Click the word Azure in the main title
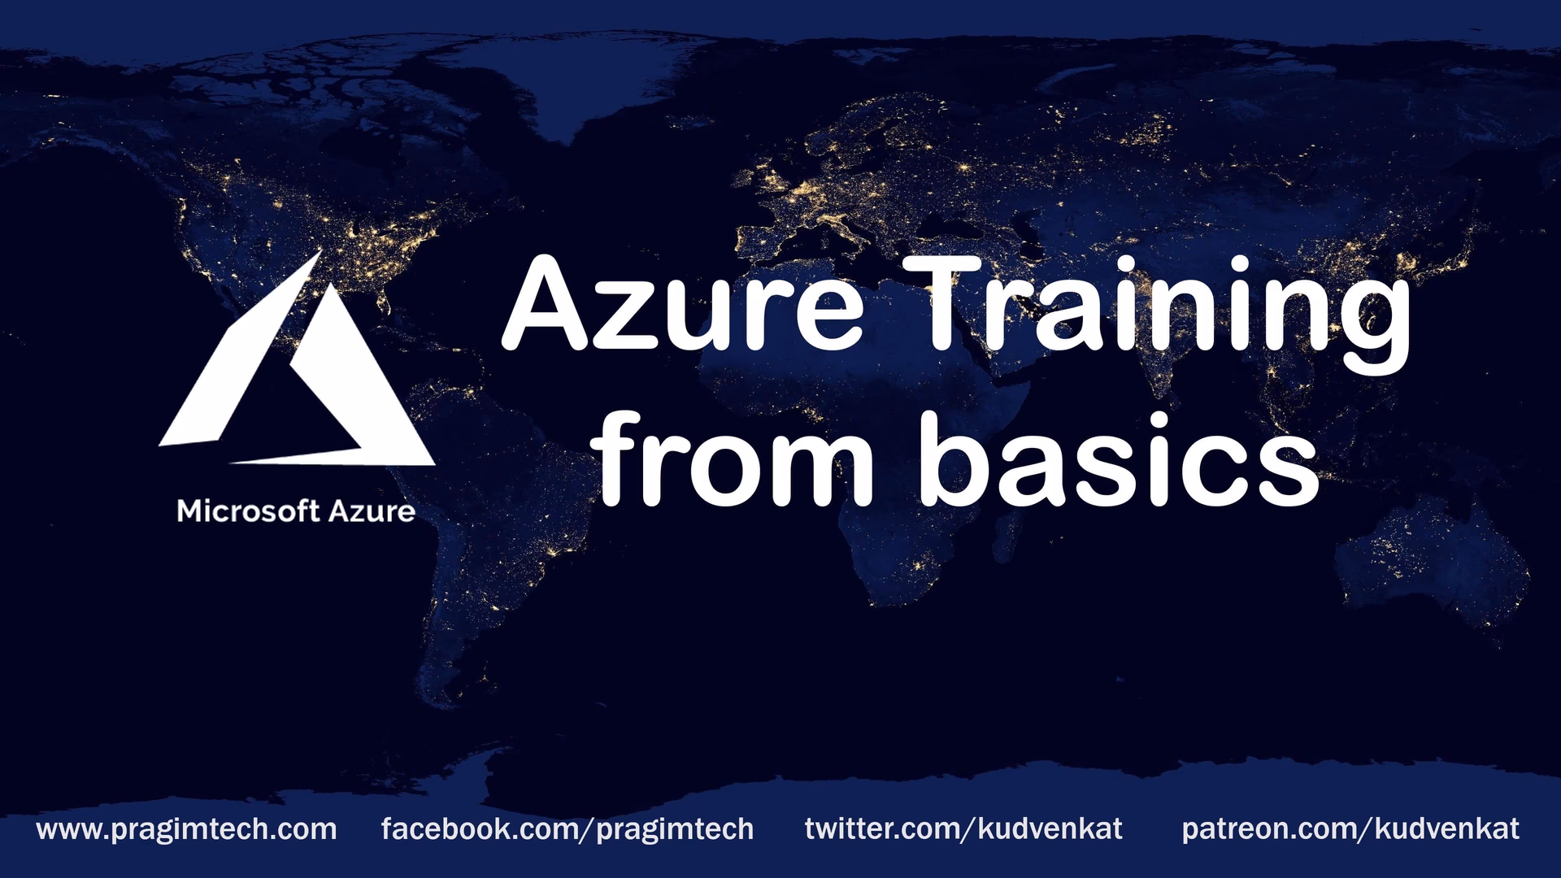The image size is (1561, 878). point(683,305)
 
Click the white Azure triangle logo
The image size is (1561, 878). point(297,374)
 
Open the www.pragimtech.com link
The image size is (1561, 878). point(186,829)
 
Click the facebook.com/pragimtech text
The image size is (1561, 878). point(567,829)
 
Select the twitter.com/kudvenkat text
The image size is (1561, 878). point(963,829)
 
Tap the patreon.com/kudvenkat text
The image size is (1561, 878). point(1350,829)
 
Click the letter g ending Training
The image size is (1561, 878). point(1370,321)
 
